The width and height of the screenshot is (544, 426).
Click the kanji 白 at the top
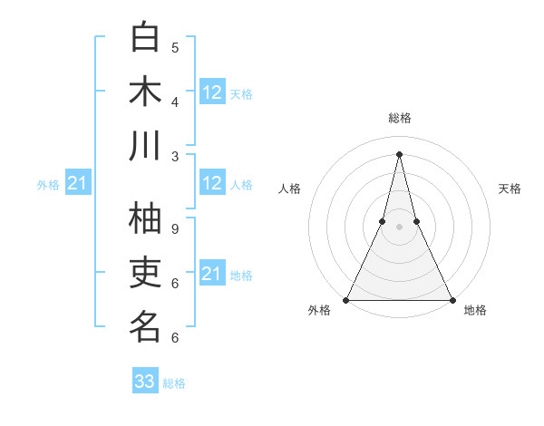145,37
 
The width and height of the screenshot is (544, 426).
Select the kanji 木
145,92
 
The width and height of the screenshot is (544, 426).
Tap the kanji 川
145,146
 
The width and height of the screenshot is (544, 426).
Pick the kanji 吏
145,273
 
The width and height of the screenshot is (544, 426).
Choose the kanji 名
145,327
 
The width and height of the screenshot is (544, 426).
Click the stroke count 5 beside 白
175,47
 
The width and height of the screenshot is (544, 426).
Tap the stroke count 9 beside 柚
175,228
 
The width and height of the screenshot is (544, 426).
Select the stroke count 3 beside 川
175,156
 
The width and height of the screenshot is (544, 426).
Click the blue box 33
145,382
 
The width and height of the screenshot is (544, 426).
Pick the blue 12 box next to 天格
212,92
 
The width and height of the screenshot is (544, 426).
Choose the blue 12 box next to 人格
212,183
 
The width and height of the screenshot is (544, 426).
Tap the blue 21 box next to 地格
212,274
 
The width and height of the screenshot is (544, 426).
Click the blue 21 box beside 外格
78,184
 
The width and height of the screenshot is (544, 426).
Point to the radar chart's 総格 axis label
399,119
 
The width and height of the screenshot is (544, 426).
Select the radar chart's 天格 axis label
510,189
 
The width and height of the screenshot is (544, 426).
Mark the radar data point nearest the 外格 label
346,300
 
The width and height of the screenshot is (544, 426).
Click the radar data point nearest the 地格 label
452,300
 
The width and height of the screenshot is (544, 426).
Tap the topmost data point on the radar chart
399,153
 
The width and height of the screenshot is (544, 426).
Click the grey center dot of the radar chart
399,227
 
